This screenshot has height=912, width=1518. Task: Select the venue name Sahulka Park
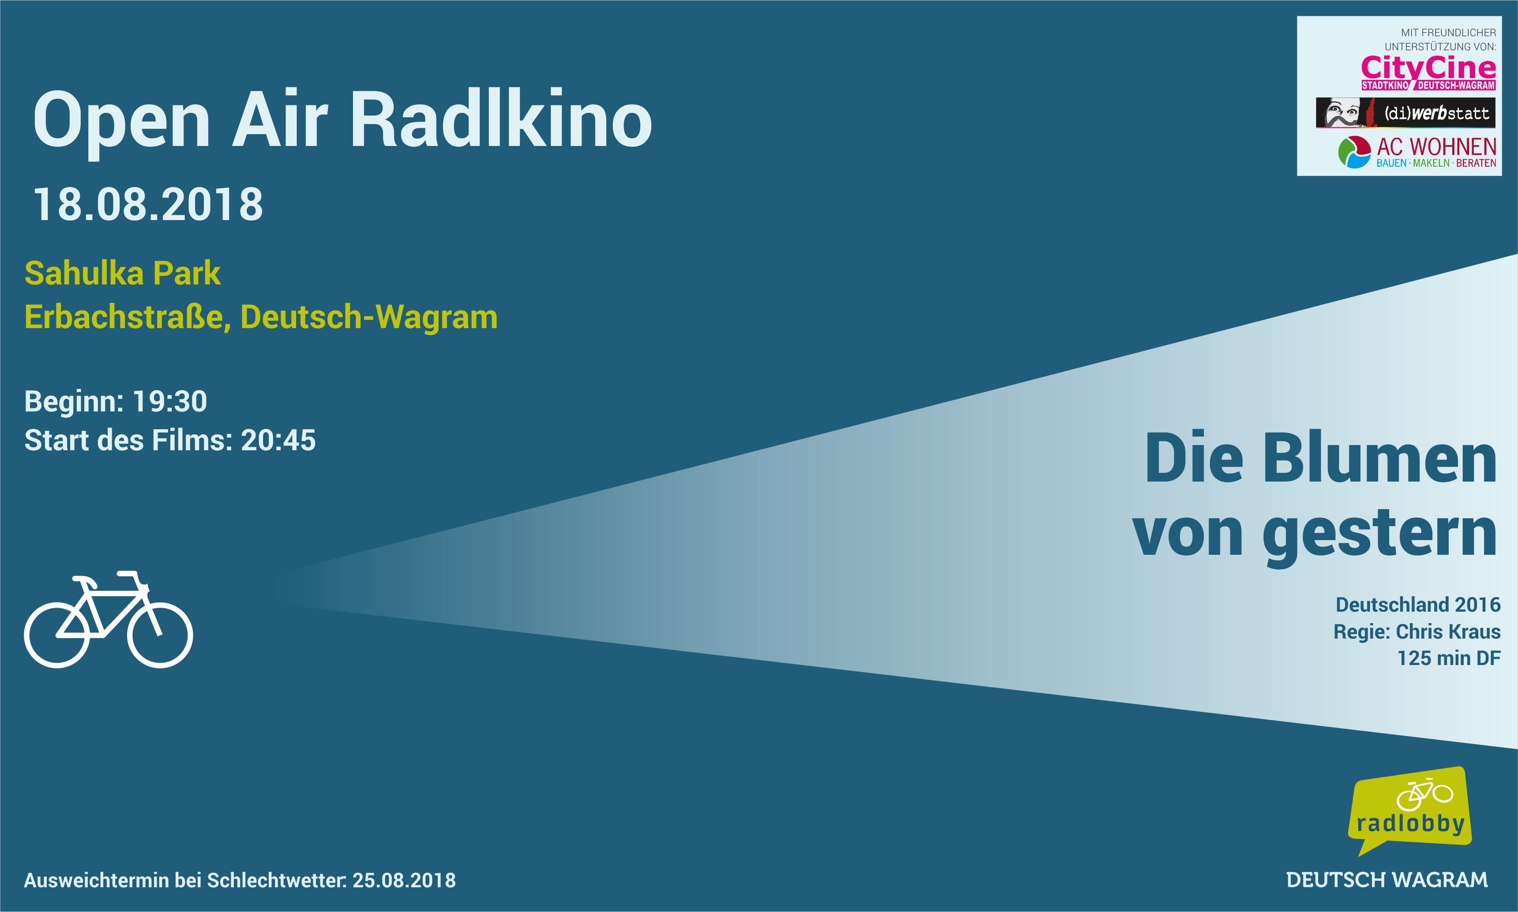click(x=122, y=273)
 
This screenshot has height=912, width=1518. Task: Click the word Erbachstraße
click(x=127, y=317)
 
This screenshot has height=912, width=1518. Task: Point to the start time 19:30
click(x=170, y=401)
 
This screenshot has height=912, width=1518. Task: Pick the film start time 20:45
click(x=278, y=440)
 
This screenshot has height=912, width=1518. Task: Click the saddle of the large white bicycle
click(x=84, y=579)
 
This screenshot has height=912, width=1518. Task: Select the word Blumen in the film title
click(x=1380, y=459)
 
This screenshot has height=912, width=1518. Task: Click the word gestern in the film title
click(x=1380, y=534)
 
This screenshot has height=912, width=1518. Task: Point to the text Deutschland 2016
click(x=1418, y=605)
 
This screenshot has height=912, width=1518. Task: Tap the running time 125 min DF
click(x=1449, y=658)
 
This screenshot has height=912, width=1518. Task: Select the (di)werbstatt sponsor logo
click(x=1405, y=112)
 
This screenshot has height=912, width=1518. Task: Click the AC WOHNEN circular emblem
click(x=1354, y=152)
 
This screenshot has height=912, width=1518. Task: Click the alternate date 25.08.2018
click(x=404, y=880)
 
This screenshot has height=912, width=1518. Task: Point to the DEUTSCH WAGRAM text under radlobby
click(x=1387, y=880)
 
